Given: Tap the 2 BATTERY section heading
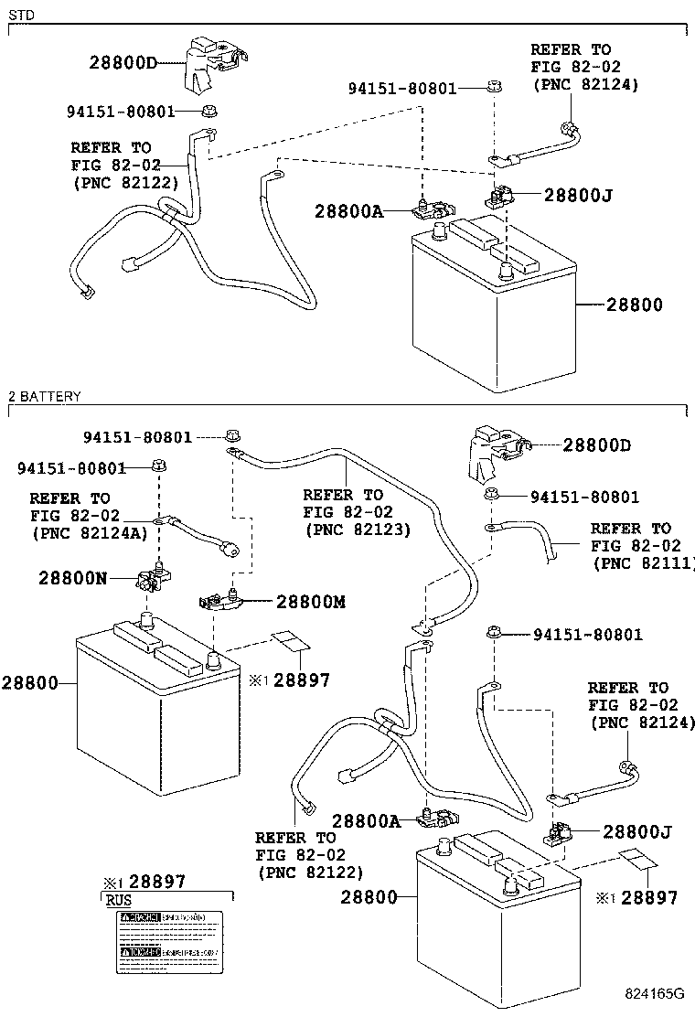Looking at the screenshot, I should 45,396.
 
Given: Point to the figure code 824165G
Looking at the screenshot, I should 654,993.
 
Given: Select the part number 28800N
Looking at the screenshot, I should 73,578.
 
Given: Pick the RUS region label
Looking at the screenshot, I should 119,900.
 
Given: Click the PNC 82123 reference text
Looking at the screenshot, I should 357,529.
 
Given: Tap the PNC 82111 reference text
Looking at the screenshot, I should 644,562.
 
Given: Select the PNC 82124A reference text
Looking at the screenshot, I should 89,532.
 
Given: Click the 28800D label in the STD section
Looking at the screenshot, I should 123,63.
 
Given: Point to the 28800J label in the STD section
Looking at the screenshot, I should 577,194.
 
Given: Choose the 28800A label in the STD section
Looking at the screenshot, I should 348,211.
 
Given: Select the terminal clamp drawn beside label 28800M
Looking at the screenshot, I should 219,600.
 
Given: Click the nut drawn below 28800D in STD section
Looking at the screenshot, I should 209,112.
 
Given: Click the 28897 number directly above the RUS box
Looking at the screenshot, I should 156,882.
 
